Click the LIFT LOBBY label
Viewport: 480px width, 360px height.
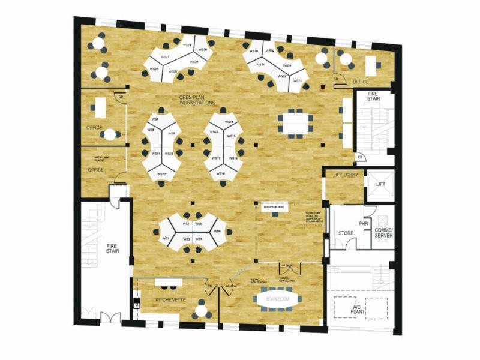tap(345, 175)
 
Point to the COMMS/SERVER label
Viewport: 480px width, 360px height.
tap(383, 233)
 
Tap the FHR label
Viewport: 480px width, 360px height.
tap(363, 223)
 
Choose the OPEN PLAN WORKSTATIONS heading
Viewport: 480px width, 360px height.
tap(197, 100)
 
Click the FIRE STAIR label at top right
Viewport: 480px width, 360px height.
tap(374, 96)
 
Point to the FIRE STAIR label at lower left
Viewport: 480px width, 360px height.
tap(112, 247)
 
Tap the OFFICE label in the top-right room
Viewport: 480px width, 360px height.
tap(361, 82)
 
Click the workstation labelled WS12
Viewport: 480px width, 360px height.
tap(161, 174)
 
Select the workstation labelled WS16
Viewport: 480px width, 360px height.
tap(221, 173)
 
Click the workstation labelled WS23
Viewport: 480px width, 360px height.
tap(298, 81)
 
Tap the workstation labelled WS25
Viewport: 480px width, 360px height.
tap(155, 70)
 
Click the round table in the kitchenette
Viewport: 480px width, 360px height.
tap(200, 310)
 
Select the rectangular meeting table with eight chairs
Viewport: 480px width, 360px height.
tap(294, 124)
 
